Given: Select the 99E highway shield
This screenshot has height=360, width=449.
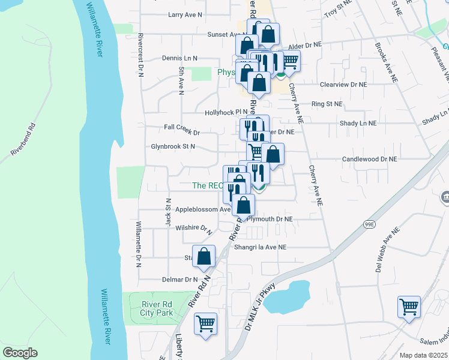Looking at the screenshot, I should point(369,224).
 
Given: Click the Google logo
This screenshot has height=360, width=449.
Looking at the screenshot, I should point(20,353).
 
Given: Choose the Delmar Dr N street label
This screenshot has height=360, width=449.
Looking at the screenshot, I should point(179,280).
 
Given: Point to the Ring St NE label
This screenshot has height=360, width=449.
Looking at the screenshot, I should point(327,104).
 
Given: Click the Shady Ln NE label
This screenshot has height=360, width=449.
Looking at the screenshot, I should point(358,123).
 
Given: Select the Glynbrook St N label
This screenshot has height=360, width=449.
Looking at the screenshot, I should point(173,146).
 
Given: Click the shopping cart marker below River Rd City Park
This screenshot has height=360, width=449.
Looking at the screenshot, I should point(205,324).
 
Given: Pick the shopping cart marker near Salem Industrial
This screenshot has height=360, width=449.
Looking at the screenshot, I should point(409,307).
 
